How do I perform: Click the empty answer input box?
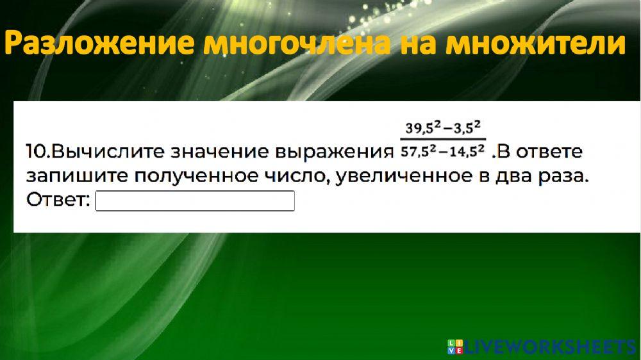click(x=195, y=201)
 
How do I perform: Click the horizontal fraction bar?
click(x=443, y=140)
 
